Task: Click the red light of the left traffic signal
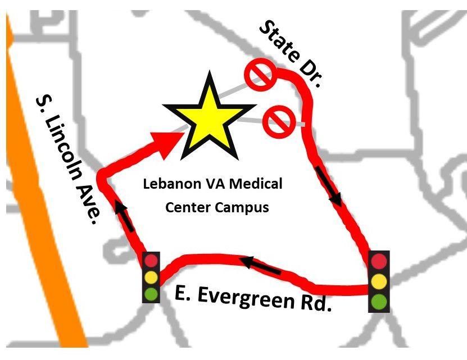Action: [x=151, y=261]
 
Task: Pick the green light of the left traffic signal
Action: [x=151, y=293]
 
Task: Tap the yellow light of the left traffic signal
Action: [x=151, y=277]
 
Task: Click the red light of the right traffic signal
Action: [x=379, y=261]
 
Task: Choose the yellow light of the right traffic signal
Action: [x=379, y=280]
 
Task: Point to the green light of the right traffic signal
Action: [x=379, y=300]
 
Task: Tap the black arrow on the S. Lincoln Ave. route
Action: [x=125, y=216]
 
